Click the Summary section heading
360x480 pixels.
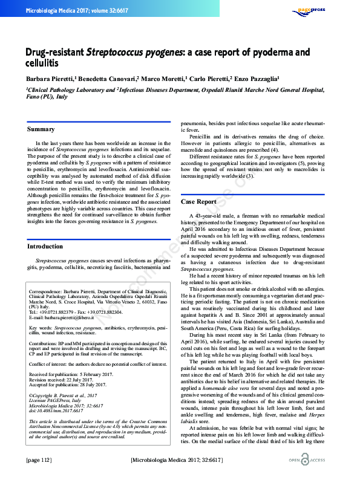41,129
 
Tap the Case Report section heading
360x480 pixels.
198,201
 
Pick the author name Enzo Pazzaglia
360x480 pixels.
256,79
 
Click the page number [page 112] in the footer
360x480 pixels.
40,461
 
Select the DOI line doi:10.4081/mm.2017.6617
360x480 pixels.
56,410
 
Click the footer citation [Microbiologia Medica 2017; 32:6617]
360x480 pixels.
180,461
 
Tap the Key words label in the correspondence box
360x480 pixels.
41,327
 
